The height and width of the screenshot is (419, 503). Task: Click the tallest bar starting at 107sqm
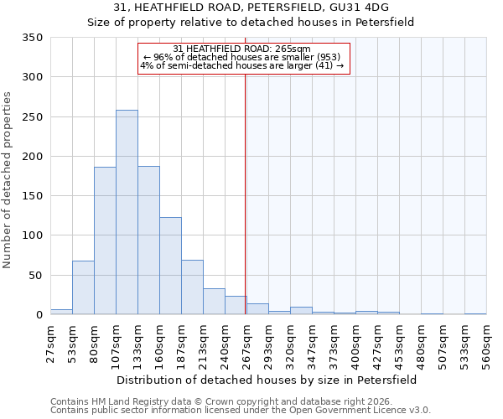(x=127, y=213)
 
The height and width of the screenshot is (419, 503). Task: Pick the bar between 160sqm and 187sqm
(x=170, y=266)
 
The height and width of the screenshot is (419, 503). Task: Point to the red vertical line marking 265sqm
(x=245, y=184)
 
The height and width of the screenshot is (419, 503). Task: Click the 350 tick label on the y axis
(x=32, y=38)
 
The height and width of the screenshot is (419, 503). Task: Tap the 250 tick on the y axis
(x=32, y=117)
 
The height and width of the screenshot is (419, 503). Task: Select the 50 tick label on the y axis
(x=35, y=276)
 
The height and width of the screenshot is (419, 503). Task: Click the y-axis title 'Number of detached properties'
(x=8, y=180)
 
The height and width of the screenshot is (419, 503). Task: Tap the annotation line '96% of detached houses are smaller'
(x=242, y=57)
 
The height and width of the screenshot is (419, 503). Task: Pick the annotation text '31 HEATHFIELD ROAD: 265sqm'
(x=242, y=49)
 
